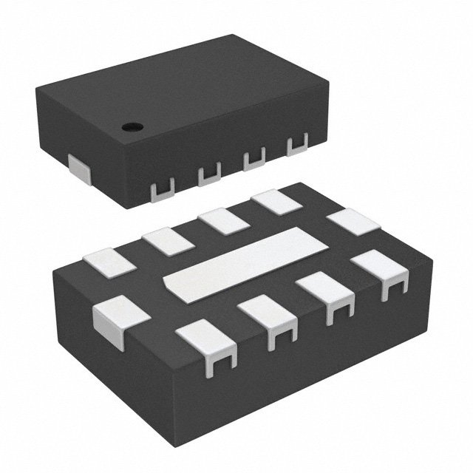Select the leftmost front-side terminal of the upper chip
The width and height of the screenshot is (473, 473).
162,189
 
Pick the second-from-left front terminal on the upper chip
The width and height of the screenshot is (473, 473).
209,175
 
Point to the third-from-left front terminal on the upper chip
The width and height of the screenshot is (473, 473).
255,159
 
